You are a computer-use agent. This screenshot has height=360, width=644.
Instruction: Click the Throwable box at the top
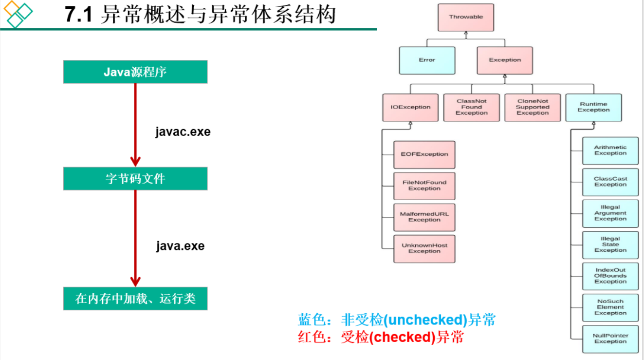tap(466, 17)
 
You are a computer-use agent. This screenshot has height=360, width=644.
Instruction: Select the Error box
tap(427, 60)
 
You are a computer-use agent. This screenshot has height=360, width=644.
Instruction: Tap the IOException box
tap(410, 107)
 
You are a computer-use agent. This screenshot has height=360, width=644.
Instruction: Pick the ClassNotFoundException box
tap(471, 107)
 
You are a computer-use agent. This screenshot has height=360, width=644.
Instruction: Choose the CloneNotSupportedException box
tap(533, 107)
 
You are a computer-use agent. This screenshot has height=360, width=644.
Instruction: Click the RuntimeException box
tap(593, 107)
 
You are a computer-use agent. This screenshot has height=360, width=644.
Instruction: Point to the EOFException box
tap(424, 154)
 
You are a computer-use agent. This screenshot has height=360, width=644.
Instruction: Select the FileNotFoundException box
tap(424, 186)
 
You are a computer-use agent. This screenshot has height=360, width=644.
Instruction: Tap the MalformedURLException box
tap(424, 217)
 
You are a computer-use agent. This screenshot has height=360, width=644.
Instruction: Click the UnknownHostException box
tap(424, 248)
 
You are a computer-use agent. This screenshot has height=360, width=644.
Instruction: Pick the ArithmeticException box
tap(610, 151)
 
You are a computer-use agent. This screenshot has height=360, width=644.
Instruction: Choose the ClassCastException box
tap(610, 182)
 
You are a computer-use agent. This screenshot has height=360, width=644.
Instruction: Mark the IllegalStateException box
tap(610, 245)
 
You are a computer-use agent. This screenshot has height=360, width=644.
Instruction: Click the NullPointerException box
tap(610, 339)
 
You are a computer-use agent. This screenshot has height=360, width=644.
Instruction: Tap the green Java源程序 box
tap(135, 72)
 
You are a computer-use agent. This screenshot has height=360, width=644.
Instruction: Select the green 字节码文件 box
tap(135, 179)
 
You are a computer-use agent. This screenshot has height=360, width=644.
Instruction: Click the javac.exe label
tap(183, 132)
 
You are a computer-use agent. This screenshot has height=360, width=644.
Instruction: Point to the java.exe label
tap(180, 246)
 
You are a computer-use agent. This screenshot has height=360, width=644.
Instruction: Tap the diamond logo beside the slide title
tap(17, 14)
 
